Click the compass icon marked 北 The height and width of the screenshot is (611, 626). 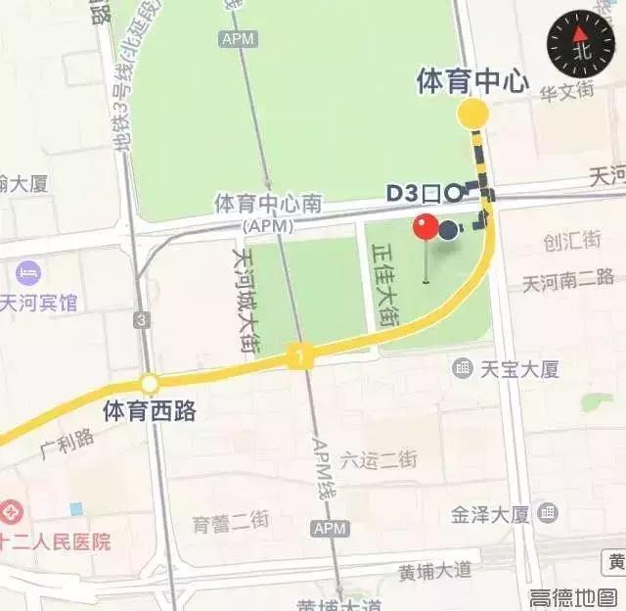(x=580, y=44)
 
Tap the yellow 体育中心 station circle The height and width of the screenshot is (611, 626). (x=473, y=114)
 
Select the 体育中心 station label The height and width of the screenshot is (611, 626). (x=472, y=80)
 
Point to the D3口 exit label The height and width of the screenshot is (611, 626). (x=414, y=193)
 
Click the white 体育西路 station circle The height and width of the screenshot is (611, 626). (x=149, y=384)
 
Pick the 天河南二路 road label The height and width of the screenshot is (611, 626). (x=567, y=282)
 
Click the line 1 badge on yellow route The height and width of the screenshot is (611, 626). (x=296, y=357)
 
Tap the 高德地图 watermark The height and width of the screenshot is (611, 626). (x=573, y=596)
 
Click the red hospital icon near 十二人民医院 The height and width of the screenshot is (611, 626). (x=10, y=511)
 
